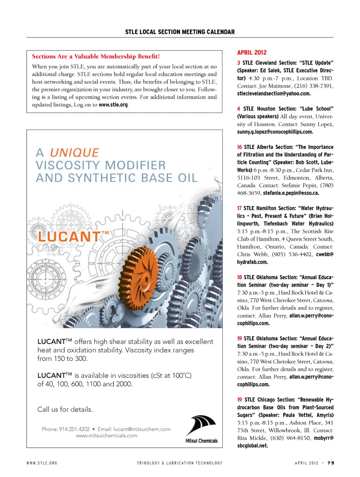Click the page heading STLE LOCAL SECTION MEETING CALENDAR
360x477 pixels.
coord(180,32)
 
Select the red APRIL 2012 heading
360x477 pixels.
coord(252,53)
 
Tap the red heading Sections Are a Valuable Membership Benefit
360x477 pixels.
coord(96,56)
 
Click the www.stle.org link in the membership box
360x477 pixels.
coord(113,105)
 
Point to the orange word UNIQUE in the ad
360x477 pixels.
coord(74,152)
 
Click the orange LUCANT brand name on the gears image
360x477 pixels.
coord(69,236)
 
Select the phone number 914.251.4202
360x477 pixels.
coord(74,429)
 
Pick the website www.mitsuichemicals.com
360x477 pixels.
coord(106,436)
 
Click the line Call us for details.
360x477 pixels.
coord(65,409)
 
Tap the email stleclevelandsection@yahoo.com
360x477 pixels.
coord(274,93)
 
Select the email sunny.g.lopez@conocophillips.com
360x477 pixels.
coord(275,132)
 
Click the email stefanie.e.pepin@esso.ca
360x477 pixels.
coord(291,193)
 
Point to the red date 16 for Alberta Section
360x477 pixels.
coord(239,147)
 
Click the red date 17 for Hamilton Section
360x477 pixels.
coord(239,208)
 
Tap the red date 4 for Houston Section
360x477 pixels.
coord(238,109)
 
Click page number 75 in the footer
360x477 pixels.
coord(330,463)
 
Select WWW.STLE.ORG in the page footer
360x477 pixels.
coord(42,463)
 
